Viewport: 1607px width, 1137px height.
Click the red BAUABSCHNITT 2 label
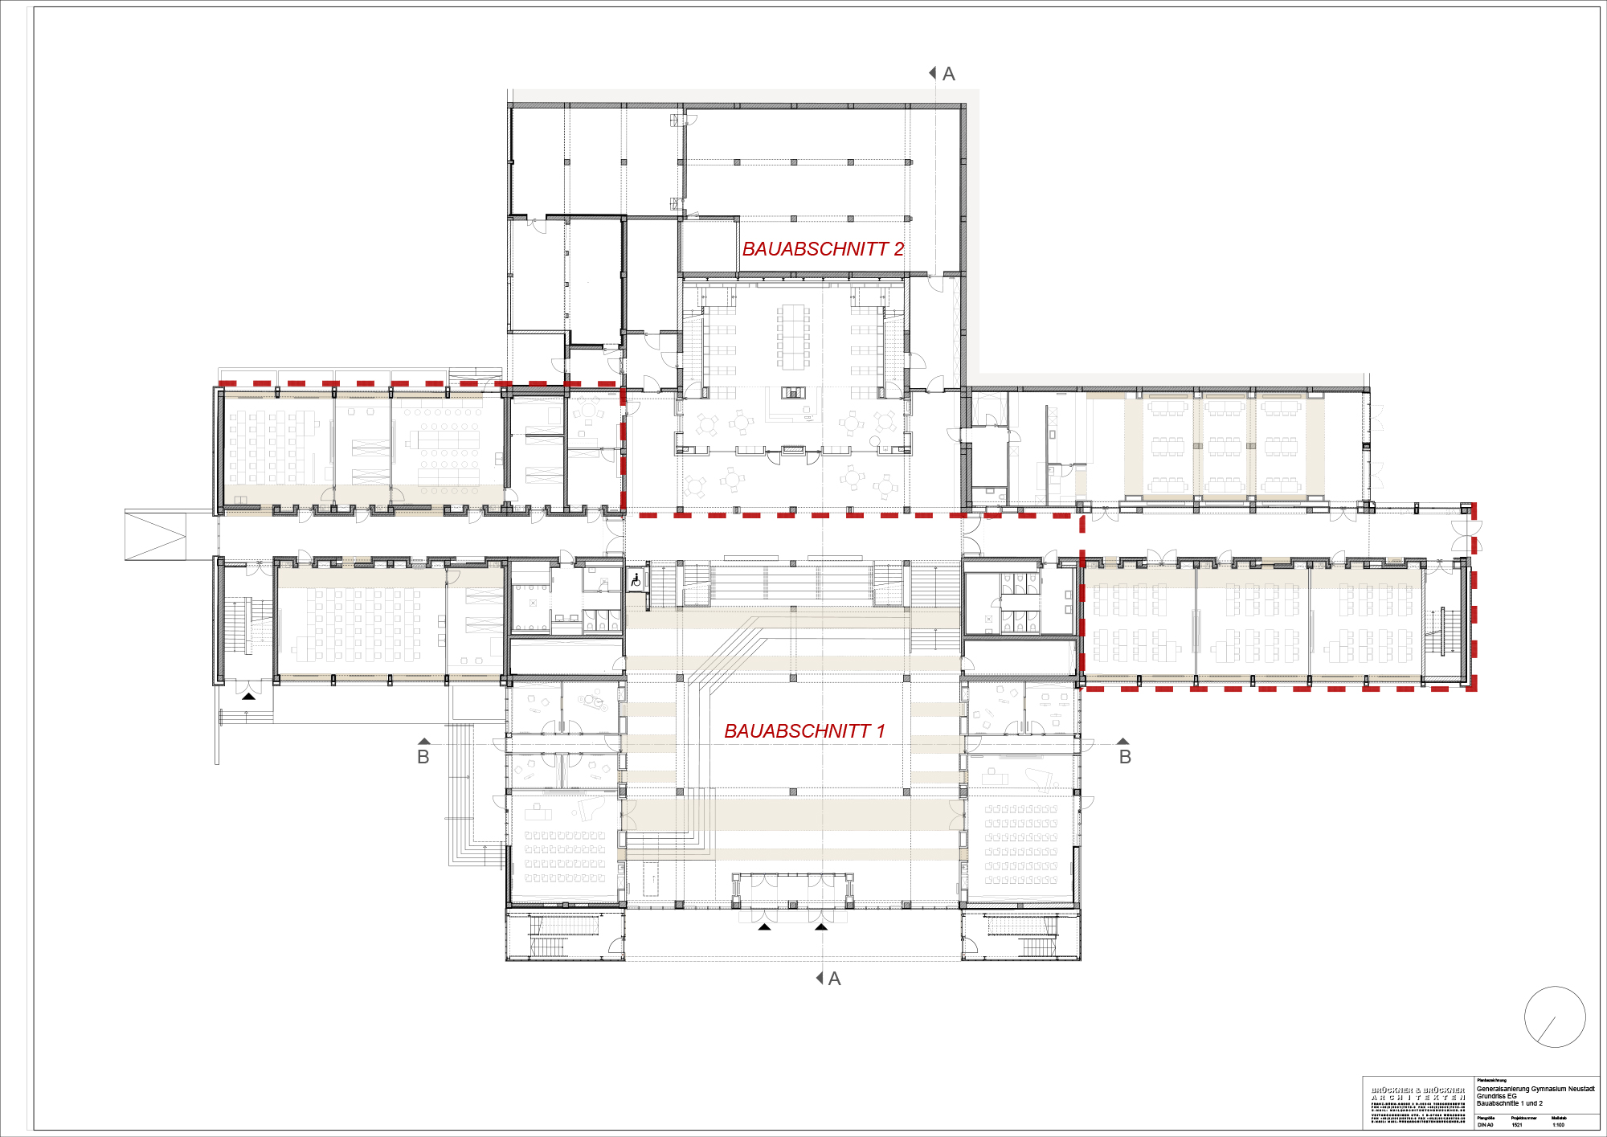(823, 249)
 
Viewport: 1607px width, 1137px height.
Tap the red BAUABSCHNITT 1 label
(804, 731)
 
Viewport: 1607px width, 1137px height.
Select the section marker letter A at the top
(949, 74)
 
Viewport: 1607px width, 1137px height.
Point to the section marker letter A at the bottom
(835, 979)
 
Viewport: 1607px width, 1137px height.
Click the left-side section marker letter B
(423, 757)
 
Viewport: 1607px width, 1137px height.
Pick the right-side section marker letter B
(1125, 757)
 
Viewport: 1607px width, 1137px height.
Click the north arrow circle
(1555, 1017)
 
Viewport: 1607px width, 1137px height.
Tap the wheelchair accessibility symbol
(636, 579)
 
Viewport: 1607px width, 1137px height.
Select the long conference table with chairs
(793, 336)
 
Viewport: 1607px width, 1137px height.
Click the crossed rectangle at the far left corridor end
(155, 535)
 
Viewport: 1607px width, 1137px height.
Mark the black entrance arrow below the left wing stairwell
(249, 696)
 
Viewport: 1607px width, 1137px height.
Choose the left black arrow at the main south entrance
(764, 927)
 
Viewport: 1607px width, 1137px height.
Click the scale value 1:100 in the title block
(1558, 1125)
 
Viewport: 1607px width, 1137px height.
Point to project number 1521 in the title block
(1516, 1125)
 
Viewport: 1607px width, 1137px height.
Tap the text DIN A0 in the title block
(1485, 1125)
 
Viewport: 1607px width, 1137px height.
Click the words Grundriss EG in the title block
(1496, 1096)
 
